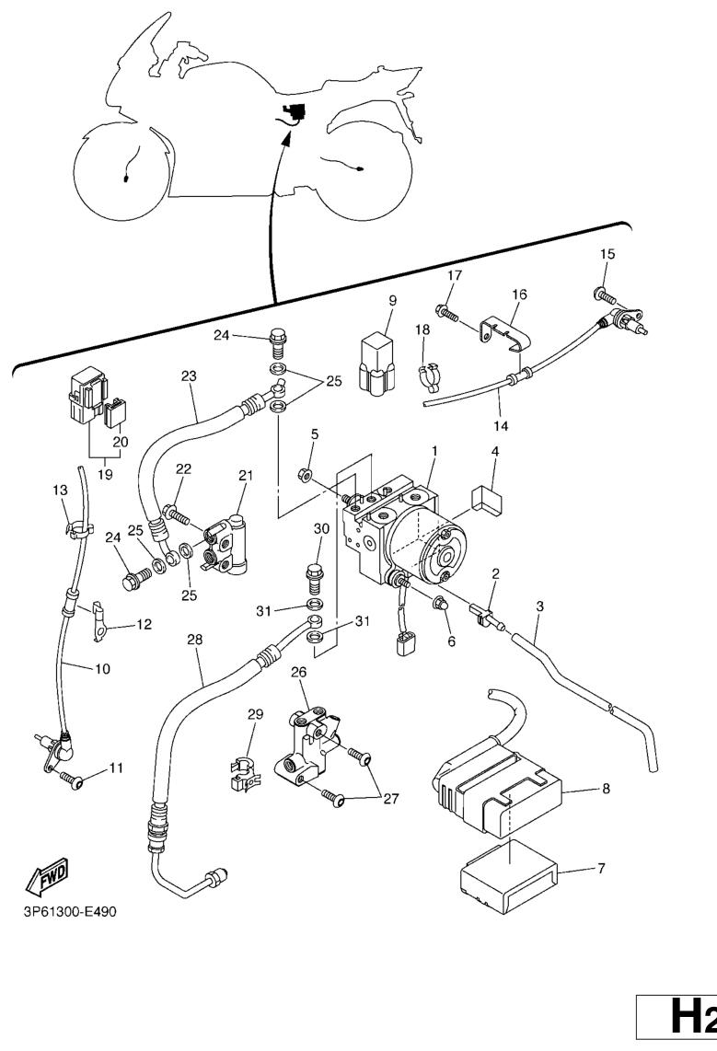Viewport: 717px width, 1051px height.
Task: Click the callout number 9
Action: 392,301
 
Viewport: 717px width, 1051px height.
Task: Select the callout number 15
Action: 607,254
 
